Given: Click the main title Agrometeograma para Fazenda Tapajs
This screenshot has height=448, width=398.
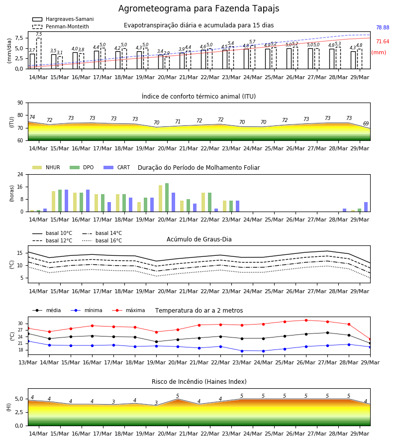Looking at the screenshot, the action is tap(199, 8).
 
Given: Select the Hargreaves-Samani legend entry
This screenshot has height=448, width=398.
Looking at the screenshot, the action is tap(63, 19).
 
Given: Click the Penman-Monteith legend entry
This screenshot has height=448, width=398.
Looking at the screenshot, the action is tap(61, 26).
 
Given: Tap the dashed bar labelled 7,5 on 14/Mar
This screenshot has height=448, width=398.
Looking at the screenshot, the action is tap(39, 53).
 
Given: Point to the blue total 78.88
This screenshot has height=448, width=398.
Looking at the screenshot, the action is tap(383, 27).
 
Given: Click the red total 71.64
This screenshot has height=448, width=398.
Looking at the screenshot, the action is tap(383, 41).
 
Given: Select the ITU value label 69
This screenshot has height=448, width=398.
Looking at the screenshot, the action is tap(366, 123).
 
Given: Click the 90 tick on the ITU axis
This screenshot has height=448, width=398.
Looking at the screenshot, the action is tap(20, 103).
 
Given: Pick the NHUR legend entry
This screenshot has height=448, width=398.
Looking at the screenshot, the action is tap(46, 167).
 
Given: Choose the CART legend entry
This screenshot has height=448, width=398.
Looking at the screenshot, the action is tap(117, 167).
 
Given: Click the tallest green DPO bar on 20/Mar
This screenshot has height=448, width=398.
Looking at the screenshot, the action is tap(167, 198).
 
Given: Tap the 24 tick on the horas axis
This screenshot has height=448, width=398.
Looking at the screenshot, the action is tap(20, 174).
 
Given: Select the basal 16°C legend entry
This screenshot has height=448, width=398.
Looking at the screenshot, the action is tap(102, 240).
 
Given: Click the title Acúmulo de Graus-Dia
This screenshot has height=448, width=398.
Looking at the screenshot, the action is tap(199, 239).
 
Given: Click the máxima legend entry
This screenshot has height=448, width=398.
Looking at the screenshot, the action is tap(128, 310).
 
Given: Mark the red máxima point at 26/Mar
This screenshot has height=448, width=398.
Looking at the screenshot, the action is tap(306, 320).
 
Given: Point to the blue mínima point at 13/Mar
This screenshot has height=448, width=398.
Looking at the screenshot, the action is tap(28, 341).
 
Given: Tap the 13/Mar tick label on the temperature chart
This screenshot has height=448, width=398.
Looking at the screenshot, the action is tap(28, 362).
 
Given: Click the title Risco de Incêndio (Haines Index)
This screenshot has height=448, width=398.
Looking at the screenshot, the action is tap(199, 382).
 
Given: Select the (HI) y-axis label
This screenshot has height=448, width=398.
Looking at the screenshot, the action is tap(9, 407).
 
